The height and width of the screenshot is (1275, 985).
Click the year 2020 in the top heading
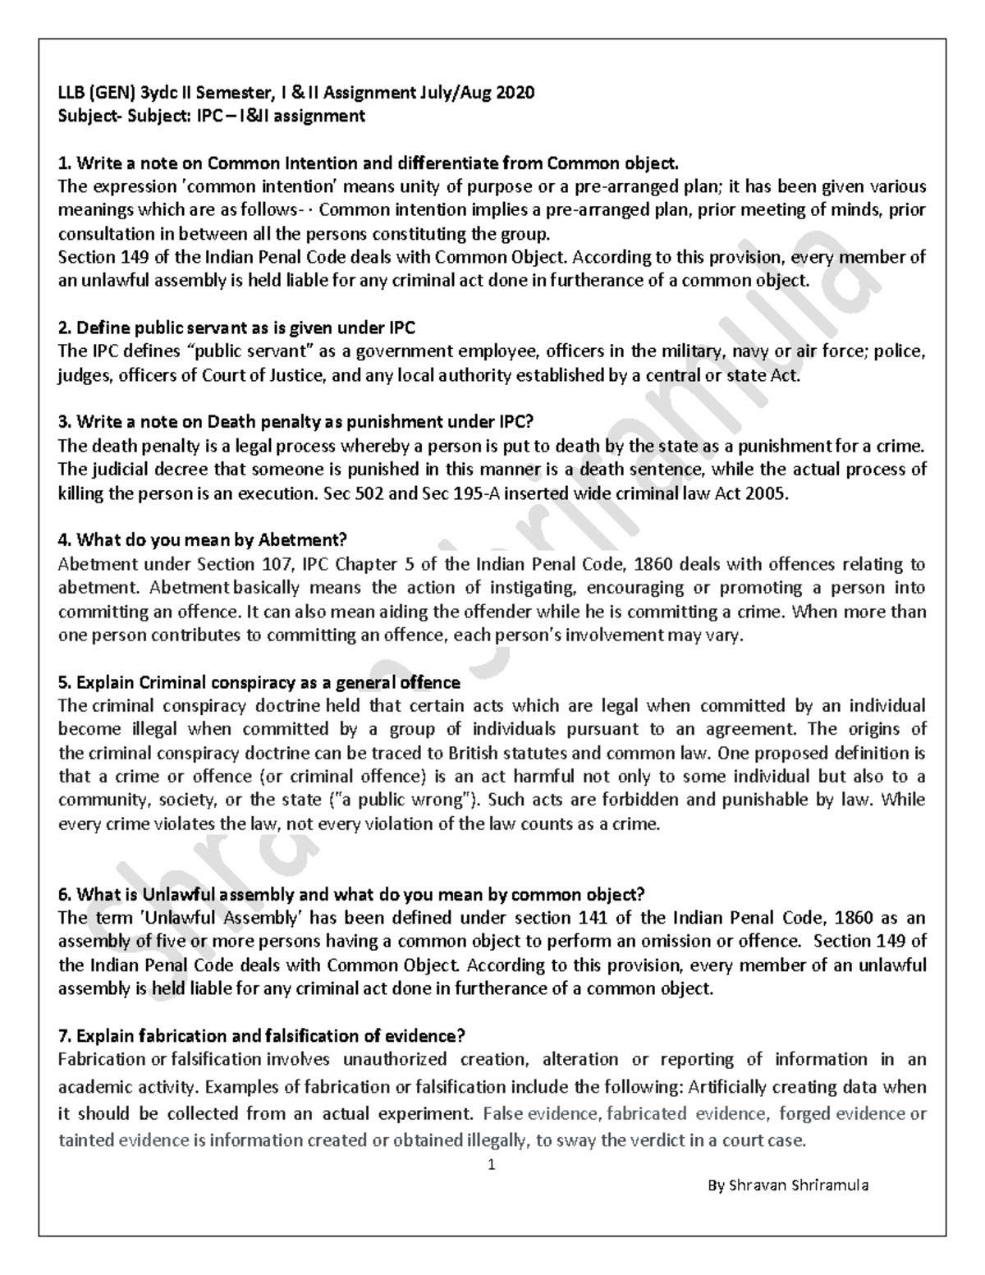(515, 92)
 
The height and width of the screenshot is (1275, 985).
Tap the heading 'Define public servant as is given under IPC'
(237, 328)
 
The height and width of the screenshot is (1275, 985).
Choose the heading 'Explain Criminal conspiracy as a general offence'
(259, 682)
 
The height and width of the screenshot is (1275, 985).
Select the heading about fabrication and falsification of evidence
(263, 1036)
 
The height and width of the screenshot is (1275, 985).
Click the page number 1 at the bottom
(491, 1163)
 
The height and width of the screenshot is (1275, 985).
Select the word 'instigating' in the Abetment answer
(530, 588)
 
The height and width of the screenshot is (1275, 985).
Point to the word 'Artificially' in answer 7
(731, 1088)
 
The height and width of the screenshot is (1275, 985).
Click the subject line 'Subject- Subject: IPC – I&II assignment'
(212, 116)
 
